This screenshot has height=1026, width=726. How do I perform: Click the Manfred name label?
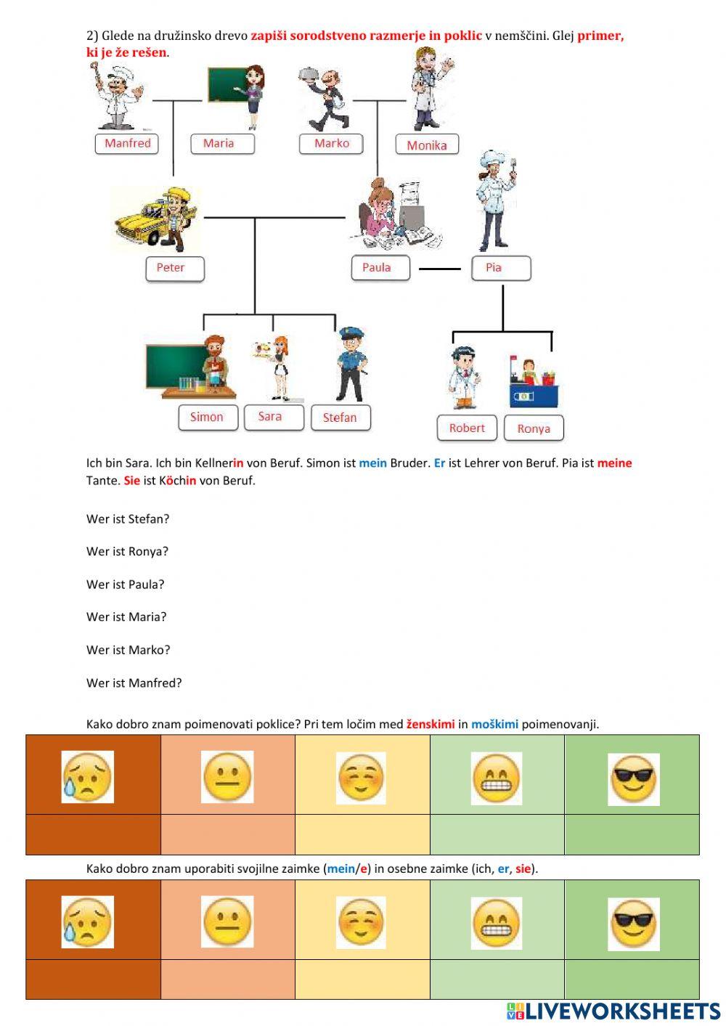[127, 143]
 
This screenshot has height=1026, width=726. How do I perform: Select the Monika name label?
[427, 145]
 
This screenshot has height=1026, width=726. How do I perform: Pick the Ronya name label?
[534, 428]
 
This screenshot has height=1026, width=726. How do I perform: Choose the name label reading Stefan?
[340, 418]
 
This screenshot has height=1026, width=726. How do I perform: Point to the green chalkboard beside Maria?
[227, 85]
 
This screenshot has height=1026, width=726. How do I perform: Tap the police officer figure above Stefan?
[351, 365]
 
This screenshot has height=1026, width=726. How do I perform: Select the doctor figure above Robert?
[462, 378]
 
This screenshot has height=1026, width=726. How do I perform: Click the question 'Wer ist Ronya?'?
[127, 552]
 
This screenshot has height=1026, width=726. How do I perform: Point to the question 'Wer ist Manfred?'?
[134, 683]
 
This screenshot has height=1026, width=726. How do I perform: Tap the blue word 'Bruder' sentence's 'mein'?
[372, 463]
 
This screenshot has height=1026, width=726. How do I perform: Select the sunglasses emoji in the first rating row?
[633, 778]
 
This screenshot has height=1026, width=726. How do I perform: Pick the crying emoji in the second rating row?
[88, 922]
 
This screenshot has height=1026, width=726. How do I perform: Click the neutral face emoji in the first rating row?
[227, 777]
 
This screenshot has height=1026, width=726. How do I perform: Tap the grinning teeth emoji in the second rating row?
[497, 923]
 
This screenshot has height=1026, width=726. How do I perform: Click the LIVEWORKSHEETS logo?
[613, 1011]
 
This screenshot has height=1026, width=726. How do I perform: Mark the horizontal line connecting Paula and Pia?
[440, 269]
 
